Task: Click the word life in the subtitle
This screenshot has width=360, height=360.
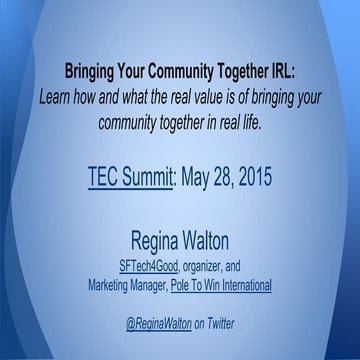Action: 251,121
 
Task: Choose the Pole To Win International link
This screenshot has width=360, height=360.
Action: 221,285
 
